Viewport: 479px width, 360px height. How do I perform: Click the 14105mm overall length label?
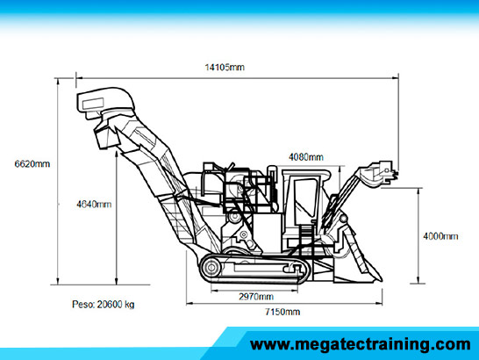point(225,67)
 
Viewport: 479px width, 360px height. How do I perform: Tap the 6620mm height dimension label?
point(32,164)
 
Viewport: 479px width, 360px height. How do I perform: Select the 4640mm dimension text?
point(94,204)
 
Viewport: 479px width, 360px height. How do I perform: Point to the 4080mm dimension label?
point(306,157)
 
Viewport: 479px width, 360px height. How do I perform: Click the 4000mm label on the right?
point(440,236)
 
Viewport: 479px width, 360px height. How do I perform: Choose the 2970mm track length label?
point(256,297)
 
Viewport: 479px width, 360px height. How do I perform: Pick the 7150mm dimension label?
point(282,312)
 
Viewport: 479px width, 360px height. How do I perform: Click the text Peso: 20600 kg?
point(103,305)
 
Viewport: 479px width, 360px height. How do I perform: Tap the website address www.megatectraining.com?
point(360,345)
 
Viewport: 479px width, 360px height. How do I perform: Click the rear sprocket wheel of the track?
point(211,268)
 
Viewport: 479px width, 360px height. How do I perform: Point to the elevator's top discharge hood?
point(105,100)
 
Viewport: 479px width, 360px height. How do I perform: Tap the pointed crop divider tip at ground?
point(380,279)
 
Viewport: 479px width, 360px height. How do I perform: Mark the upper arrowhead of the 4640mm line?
point(117,154)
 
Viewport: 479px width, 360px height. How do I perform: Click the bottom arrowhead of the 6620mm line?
point(58,281)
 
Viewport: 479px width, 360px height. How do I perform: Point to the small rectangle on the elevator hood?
point(93,103)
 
